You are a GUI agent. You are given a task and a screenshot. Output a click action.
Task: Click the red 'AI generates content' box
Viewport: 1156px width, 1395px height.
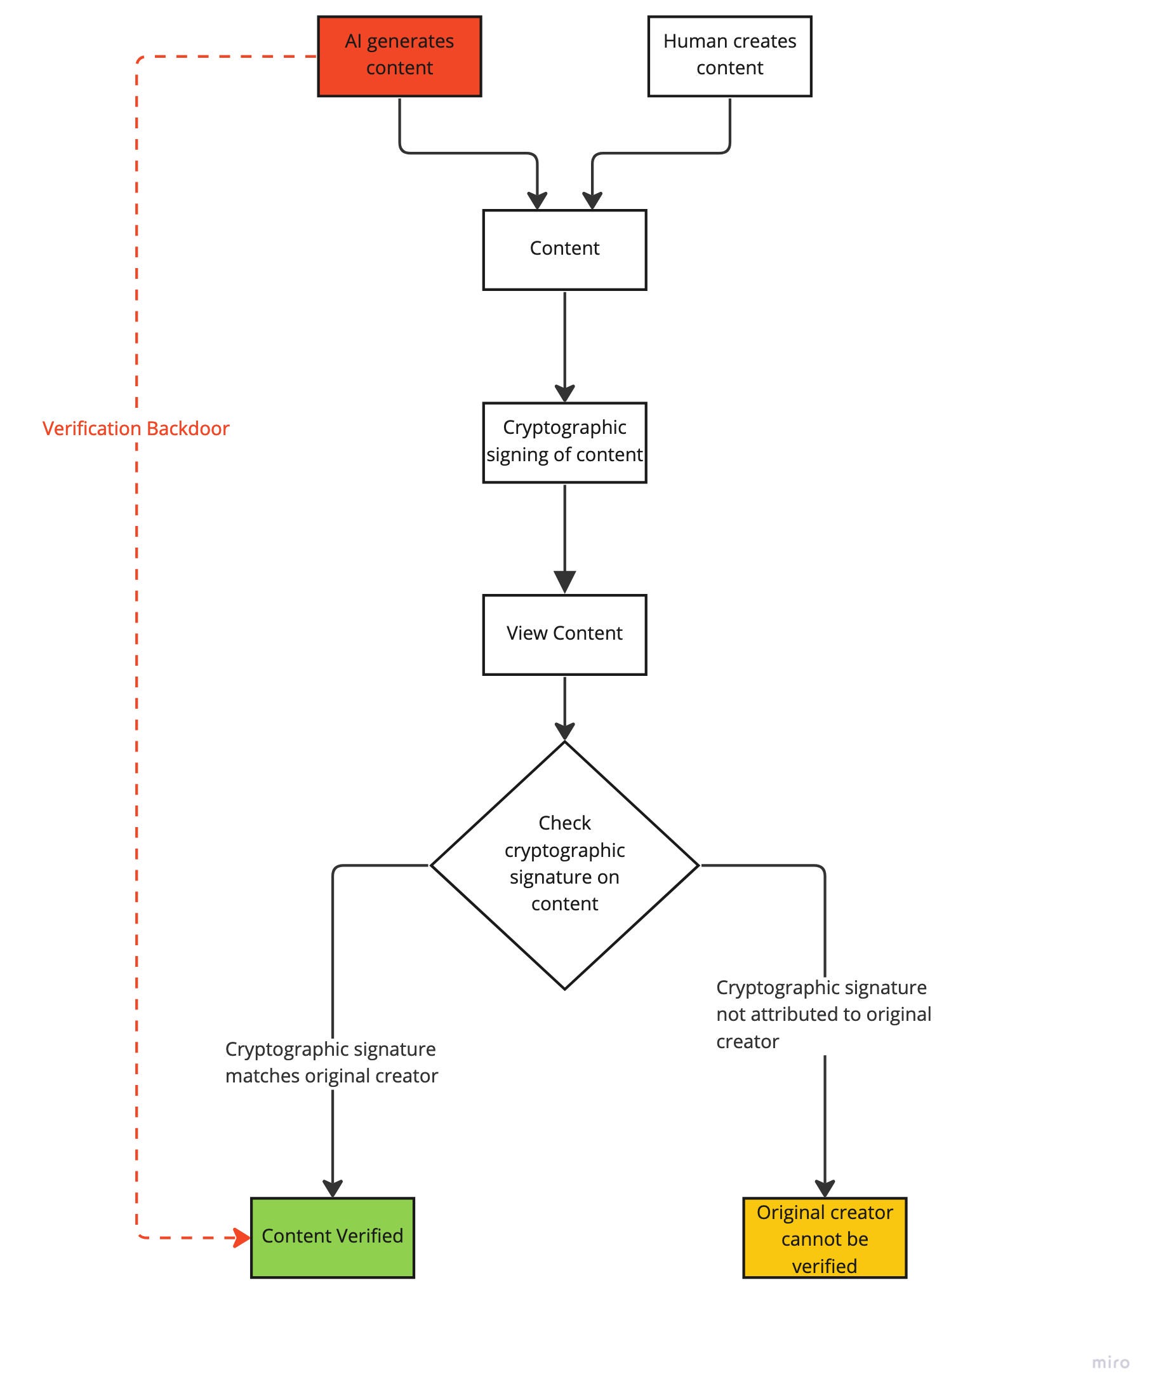point(399,57)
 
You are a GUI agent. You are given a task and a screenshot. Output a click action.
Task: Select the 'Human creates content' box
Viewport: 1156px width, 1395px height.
point(729,57)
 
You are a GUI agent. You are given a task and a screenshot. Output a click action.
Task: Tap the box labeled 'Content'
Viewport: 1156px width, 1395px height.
point(564,250)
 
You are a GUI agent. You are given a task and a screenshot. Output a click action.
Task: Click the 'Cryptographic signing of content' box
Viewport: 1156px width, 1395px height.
point(564,442)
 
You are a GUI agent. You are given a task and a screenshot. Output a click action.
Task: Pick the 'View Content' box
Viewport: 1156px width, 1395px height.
point(564,635)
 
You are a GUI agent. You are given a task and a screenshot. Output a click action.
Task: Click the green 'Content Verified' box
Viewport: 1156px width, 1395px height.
point(332,1237)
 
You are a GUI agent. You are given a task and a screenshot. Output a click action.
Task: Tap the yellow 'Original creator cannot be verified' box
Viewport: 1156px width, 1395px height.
point(824,1237)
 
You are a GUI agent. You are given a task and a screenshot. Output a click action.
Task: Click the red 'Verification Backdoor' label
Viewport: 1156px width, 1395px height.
point(135,428)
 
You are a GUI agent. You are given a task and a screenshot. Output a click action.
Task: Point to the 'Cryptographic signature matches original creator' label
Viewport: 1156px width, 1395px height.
point(331,1061)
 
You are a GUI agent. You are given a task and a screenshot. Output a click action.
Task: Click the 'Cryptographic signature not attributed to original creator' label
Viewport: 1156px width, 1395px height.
point(823,1014)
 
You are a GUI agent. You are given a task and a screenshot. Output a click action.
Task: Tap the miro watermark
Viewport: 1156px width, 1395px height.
point(1110,1363)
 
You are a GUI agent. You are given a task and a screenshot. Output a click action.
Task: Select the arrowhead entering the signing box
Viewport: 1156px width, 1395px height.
point(564,393)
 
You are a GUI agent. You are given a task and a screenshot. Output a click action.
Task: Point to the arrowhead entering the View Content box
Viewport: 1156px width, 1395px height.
point(564,582)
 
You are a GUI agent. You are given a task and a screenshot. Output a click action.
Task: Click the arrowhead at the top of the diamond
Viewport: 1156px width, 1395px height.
point(564,731)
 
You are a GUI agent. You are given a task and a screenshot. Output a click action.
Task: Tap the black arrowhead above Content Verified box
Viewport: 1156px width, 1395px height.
point(332,1188)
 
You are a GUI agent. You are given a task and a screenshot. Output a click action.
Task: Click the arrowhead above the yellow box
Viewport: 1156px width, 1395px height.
point(824,1188)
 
